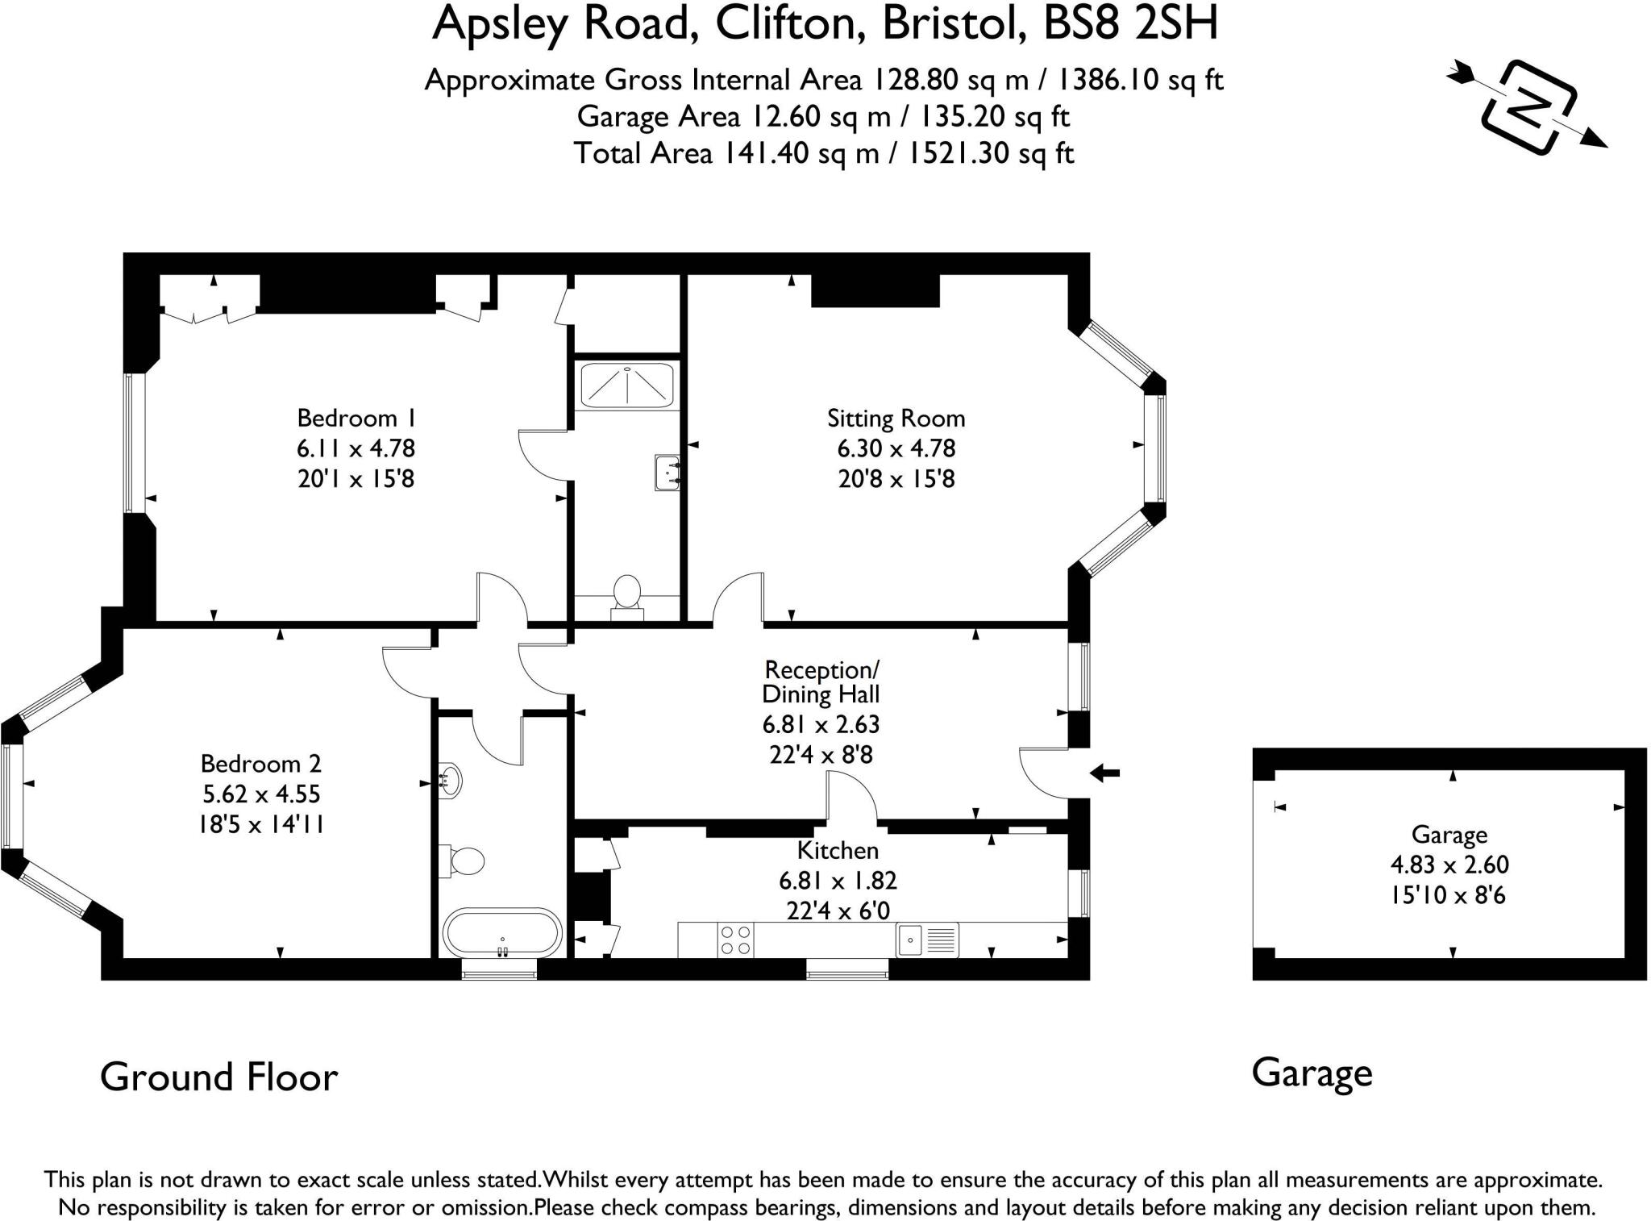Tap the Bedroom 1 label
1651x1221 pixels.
pos(356,418)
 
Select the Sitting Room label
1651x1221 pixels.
pos(896,418)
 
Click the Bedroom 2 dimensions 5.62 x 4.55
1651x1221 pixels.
pos(261,794)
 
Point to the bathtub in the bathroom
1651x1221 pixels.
pos(501,933)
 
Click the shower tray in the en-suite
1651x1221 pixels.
pos(626,385)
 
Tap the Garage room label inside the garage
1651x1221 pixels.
pos(1449,835)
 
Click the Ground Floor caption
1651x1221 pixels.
pos(218,1077)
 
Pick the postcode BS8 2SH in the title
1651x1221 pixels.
pos(1130,24)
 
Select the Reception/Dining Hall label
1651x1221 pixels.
pos(821,681)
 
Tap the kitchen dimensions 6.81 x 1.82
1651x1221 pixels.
pos(837,881)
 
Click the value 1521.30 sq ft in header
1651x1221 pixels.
pos(991,153)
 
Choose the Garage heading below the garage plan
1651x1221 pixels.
pos(1312,1073)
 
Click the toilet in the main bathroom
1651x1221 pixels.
pos(464,861)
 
